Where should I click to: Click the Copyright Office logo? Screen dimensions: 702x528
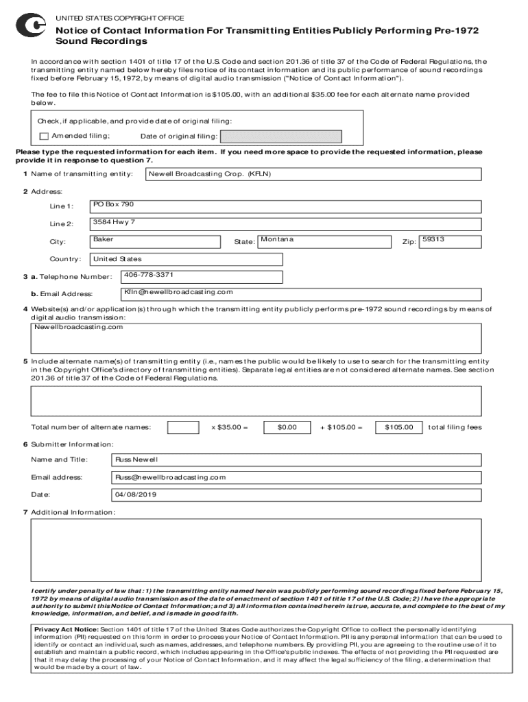(30, 26)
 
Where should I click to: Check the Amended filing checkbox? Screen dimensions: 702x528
(45, 136)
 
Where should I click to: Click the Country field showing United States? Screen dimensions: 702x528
(186, 259)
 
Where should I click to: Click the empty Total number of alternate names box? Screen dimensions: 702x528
(183, 427)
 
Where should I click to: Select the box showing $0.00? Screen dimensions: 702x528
(287, 427)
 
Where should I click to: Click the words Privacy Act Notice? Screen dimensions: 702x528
(66, 628)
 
